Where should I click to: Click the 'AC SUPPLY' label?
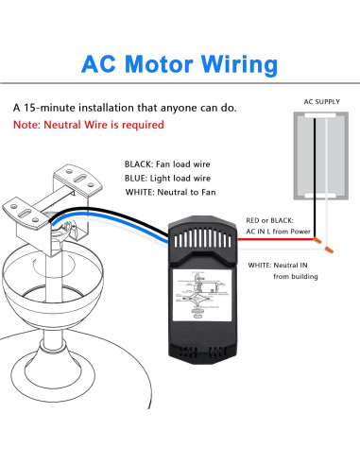[x=320, y=100]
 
